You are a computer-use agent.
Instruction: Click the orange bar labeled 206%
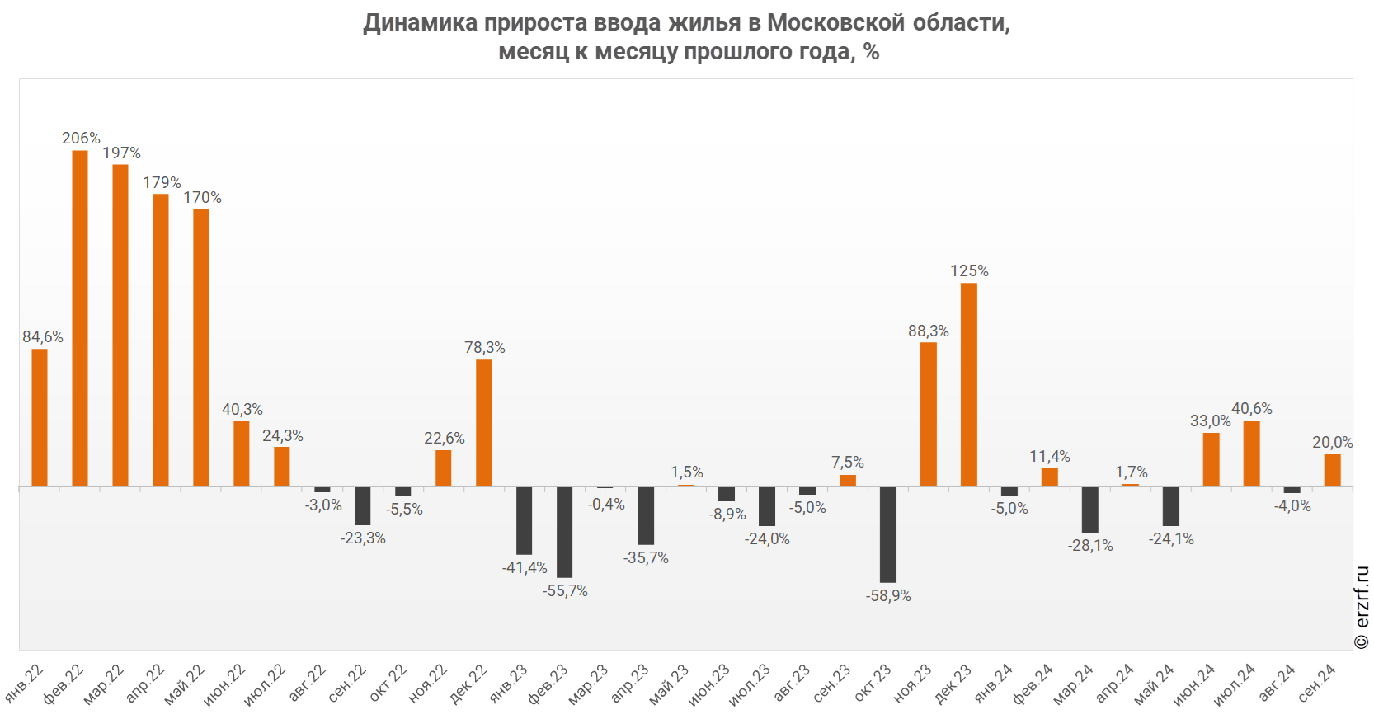pos(80,318)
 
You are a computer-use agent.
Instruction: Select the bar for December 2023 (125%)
pos(969,384)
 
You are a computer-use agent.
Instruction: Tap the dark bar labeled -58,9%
pos(888,534)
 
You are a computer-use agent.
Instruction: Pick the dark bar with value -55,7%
pos(565,532)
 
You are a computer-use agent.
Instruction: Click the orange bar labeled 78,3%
pos(484,422)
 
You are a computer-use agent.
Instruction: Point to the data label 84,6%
pos(43,336)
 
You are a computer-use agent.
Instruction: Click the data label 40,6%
pos(1252,408)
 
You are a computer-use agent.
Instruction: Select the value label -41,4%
pos(525,567)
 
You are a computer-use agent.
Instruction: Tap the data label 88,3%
pos(929,331)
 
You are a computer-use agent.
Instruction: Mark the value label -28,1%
pos(1090,545)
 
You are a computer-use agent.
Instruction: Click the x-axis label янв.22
pos(25,684)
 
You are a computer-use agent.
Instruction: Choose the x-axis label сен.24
pos(1317,684)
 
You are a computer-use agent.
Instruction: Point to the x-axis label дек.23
pos(953,684)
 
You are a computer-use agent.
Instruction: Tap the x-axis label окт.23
pos(873,684)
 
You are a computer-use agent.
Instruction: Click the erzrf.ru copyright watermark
pos(1362,608)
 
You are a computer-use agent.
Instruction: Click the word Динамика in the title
pos(421,22)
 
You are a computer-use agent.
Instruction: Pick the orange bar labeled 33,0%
pos(1212,459)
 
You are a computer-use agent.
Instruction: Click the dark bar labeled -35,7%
pos(646,515)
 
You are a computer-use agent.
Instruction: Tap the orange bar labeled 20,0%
pos(1333,470)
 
